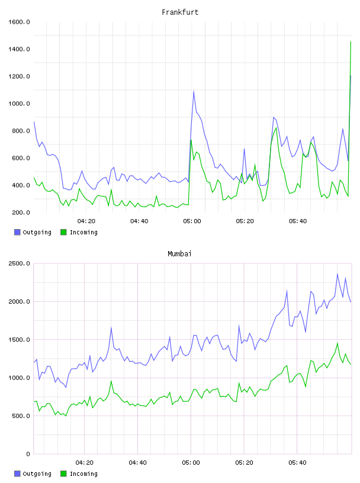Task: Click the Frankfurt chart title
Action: point(180,12)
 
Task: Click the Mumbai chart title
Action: point(179,254)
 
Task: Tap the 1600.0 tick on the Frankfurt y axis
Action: point(19,22)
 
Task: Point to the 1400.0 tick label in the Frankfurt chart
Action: point(19,49)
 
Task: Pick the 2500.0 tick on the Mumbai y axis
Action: point(19,263)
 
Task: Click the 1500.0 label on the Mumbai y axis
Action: point(19,340)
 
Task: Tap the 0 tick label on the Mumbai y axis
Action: point(28,454)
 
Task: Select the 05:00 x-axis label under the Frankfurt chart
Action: point(192,221)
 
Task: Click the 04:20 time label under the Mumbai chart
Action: point(85,463)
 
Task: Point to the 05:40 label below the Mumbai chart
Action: point(297,463)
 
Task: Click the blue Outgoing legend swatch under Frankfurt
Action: point(17,232)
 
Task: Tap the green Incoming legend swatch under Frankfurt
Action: point(63,232)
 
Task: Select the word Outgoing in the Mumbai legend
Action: point(37,474)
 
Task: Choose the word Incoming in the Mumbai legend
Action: point(83,474)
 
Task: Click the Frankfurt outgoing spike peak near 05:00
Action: point(194,91)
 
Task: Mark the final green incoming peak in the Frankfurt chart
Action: point(351,41)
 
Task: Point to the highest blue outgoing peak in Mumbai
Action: point(337,274)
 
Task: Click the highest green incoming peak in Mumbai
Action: point(337,343)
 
